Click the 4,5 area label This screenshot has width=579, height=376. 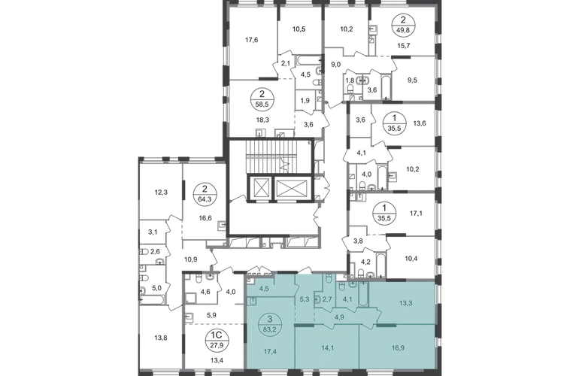(x=264, y=287)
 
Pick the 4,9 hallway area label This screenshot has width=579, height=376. (x=339, y=317)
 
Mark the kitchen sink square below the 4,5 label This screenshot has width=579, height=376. (x=253, y=302)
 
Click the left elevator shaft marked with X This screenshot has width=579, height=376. (x=260, y=188)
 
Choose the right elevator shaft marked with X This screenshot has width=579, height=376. (x=291, y=188)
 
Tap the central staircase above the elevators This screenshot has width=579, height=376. (x=275, y=156)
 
